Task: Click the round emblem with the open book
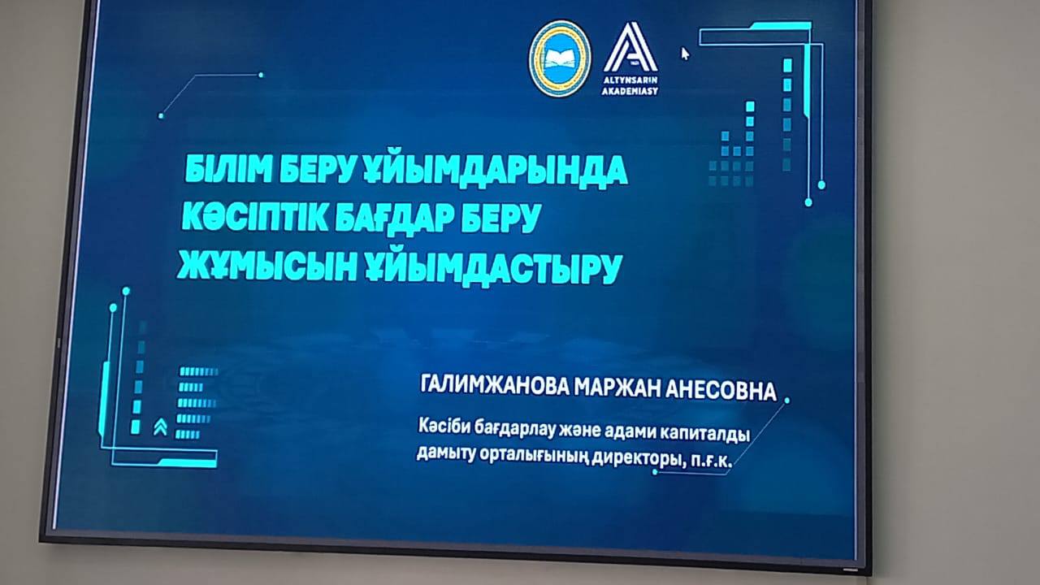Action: (x=560, y=58)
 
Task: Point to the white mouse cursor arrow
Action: (x=684, y=53)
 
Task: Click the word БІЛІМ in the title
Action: (x=227, y=168)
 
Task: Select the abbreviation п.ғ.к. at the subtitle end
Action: (x=710, y=461)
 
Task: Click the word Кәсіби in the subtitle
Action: (x=444, y=427)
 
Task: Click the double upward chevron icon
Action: (x=160, y=428)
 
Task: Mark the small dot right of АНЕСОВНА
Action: (x=786, y=401)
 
